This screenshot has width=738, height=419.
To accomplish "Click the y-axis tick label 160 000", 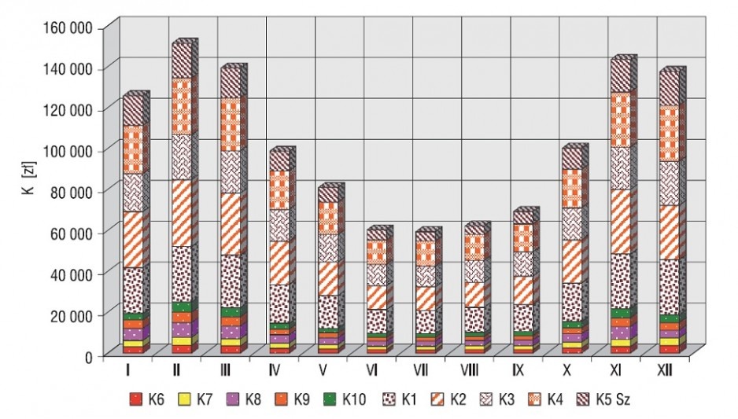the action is (x=68, y=28).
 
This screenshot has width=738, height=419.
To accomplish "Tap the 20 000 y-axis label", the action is (x=71, y=315).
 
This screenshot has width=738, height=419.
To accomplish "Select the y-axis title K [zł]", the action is (x=30, y=178).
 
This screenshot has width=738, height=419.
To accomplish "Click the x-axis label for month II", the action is (x=176, y=370).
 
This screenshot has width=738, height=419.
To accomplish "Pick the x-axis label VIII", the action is (x=469, y=370).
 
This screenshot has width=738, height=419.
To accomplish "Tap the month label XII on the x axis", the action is (x=665, y=370).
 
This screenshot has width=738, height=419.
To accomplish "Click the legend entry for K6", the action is (x=147, y=399).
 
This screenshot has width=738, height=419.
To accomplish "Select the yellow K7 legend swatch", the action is (x=184, y=399).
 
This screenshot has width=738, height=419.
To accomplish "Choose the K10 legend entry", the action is (x=345, y=399).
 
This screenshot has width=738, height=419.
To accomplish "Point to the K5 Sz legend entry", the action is (x=603, y=399).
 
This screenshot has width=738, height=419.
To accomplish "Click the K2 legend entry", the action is (x=448, y=399).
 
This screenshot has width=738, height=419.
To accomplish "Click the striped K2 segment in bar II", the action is (x=181, y=213).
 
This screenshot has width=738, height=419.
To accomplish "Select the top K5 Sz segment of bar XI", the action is (x=620, y=75).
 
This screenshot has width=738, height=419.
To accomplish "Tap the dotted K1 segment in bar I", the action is (x=133, y=291).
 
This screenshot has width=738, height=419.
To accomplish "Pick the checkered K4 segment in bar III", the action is (x=231, y=124).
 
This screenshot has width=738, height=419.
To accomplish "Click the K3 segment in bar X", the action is (x=572, y=224).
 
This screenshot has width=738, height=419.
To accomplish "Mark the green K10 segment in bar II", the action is (x=181, y=307).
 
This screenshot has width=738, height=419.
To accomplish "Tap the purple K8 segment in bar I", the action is (x=133, y=334).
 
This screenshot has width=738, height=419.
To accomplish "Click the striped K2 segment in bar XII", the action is (x=670, y=233).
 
